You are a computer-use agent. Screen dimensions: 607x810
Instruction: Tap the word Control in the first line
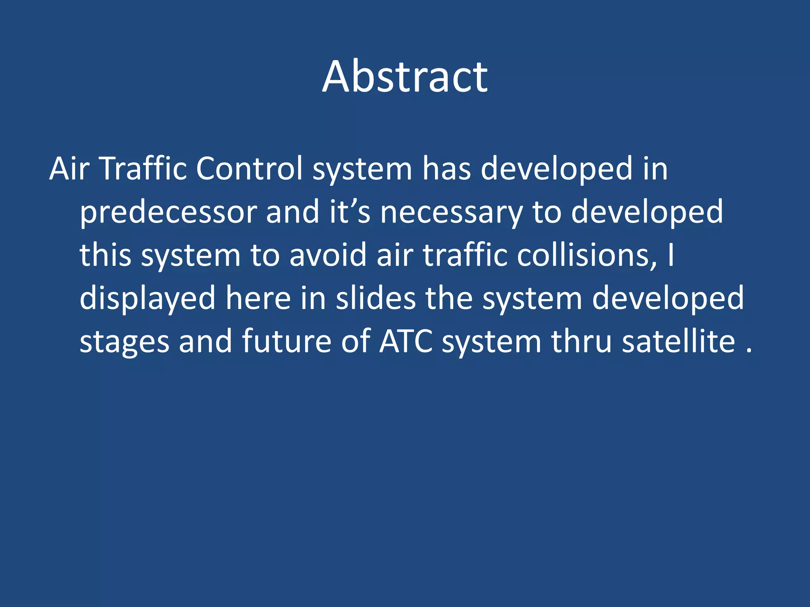(249, 169)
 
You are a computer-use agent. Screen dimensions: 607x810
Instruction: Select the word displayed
(148, 298)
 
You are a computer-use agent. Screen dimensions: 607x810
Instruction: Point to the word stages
(124, 342)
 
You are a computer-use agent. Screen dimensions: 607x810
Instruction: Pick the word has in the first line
(447, 169)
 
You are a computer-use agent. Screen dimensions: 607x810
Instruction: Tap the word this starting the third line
(105, 255)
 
